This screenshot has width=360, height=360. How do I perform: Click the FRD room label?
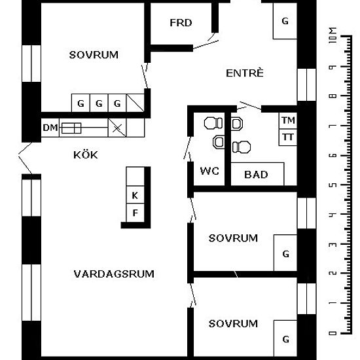coord(181,23)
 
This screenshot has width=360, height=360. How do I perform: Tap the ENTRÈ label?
coord(245,73)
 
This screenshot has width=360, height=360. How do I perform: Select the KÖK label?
coord(85,154)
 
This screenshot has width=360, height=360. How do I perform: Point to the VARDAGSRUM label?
coord(114,274)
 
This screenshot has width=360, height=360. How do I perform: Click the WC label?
coord(209,171)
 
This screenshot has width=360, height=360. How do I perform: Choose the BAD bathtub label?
coord(256,175)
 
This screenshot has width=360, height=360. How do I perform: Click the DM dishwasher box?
coord(50,128)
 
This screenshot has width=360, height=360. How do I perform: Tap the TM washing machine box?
coord(288,120)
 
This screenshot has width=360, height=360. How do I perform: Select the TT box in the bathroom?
coord(288,137)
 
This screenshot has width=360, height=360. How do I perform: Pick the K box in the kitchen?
coord(135,194)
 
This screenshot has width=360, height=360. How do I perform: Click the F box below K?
coord(135,213)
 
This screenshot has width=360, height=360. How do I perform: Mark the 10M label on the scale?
coord(333,35)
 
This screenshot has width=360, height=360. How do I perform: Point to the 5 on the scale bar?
coord(333,185)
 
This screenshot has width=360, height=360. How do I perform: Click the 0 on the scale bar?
coord(333,333)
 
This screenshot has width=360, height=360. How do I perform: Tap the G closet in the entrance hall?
coord(285,21)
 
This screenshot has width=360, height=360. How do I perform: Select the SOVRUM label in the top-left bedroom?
coord(94,55)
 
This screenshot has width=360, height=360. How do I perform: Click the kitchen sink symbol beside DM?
coord(71,128)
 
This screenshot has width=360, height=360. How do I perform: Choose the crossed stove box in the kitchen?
coord(117,128)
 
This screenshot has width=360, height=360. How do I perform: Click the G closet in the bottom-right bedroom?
coord(285,338)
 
